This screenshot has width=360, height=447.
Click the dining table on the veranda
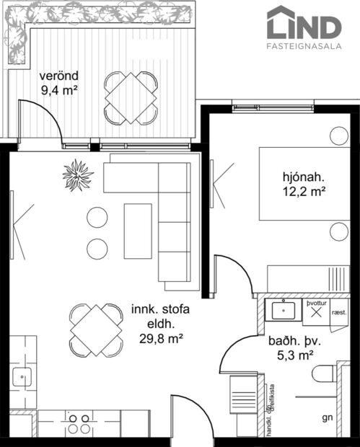(131, 97)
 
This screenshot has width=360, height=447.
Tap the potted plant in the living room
(77, 174)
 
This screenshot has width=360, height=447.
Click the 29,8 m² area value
(159, 337)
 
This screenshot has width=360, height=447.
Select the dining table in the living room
(95, 329)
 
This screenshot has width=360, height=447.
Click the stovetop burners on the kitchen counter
(79, 422)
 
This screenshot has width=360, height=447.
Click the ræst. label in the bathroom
(338, 313)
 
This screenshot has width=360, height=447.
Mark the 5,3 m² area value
(297, 355)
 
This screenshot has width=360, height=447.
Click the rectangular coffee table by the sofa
(138, 231)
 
